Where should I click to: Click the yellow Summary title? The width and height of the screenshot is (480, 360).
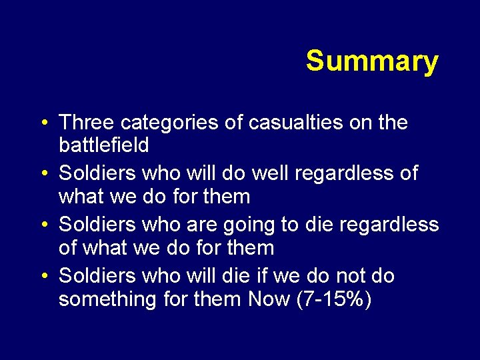point(372,61)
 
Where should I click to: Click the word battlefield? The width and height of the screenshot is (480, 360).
point(103,145)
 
